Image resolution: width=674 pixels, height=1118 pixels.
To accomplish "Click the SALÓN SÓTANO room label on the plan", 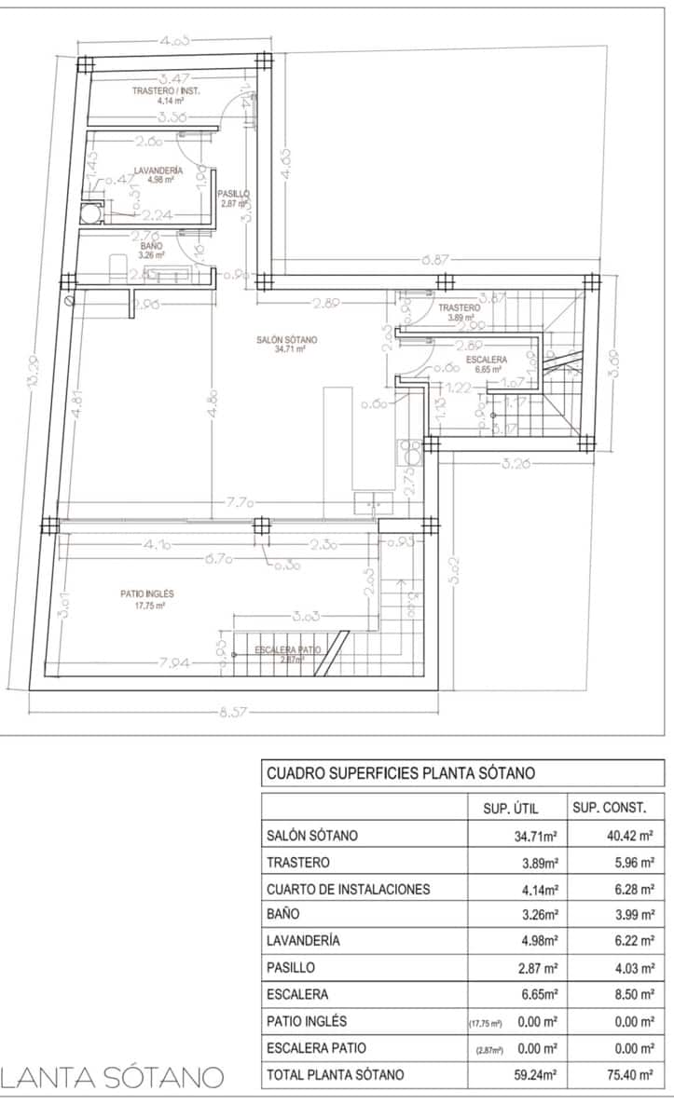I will pyautogui.click(x=287, y=341).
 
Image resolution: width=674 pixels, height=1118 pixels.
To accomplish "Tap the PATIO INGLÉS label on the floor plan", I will pyautogui.click(x=147, y=593).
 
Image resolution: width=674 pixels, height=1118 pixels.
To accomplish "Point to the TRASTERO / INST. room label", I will pyautogui.click(x=166, y=91).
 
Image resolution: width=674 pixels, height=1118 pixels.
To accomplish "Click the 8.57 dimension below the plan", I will pyautogui.click(x=233, y=713).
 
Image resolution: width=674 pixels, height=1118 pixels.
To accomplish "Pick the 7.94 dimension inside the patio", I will pyautogui.click(x=174, y=662).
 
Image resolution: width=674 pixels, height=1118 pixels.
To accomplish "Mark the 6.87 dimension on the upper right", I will pyautogui.click(x=436, y=260).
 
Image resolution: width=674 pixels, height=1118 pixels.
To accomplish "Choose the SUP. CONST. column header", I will pyautogui.click(x=616, y=807).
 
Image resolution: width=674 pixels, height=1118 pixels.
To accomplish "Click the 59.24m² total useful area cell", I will pyautogui.click(x=535, y=1075).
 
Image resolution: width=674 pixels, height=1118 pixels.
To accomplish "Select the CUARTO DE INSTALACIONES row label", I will pyautogui.click(x=348, y=889).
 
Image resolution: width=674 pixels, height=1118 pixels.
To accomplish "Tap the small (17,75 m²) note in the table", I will pyautogui.click(x=486, y=1023).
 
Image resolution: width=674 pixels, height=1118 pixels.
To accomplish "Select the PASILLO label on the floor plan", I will pyautogui.click(x=234, y=194).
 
